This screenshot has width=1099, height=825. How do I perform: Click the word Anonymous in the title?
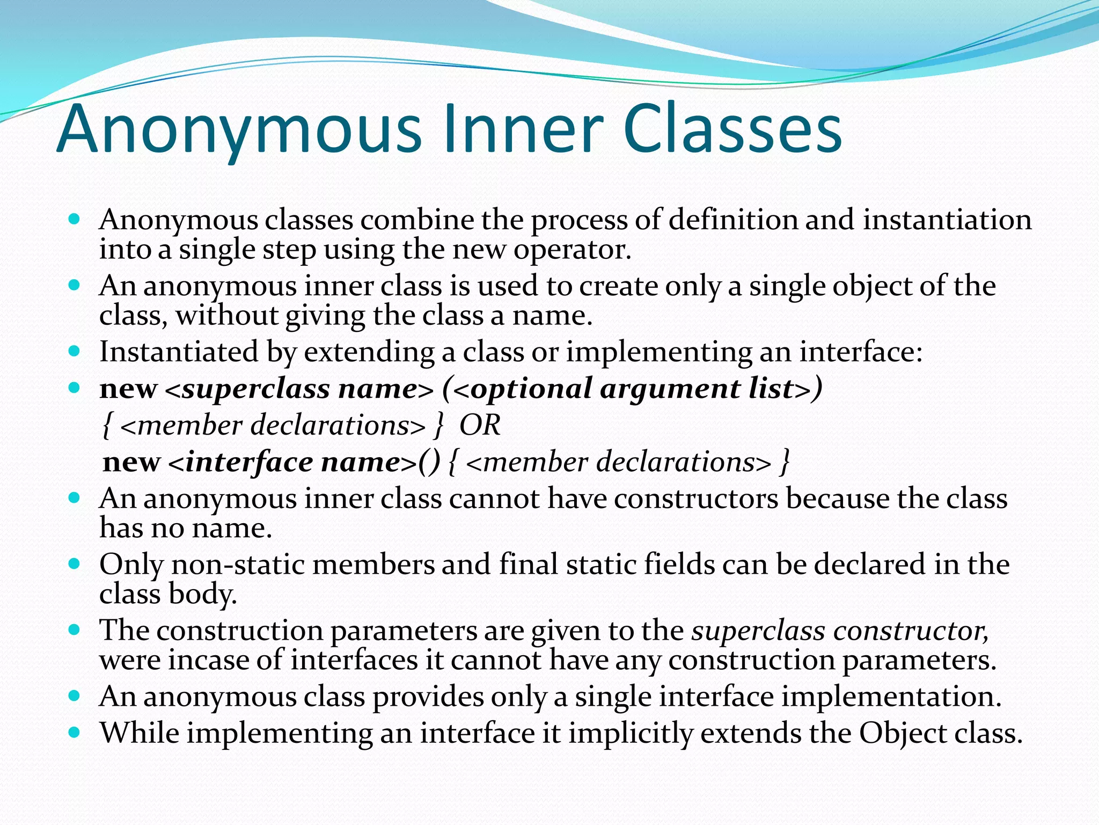tap(239, 131)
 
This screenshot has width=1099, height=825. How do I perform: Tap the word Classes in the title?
tap(732, 131)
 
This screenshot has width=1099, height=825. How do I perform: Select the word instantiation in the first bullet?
tap(947, 220)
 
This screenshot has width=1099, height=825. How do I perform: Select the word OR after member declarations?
tap(480, 425)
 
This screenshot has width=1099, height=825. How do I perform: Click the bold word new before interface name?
tap(131, 462)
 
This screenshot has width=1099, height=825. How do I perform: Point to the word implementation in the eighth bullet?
tap(891, 697)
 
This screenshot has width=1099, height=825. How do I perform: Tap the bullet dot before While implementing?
tap(75, 732)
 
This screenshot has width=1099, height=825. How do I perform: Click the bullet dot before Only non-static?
tap(75, 563)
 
